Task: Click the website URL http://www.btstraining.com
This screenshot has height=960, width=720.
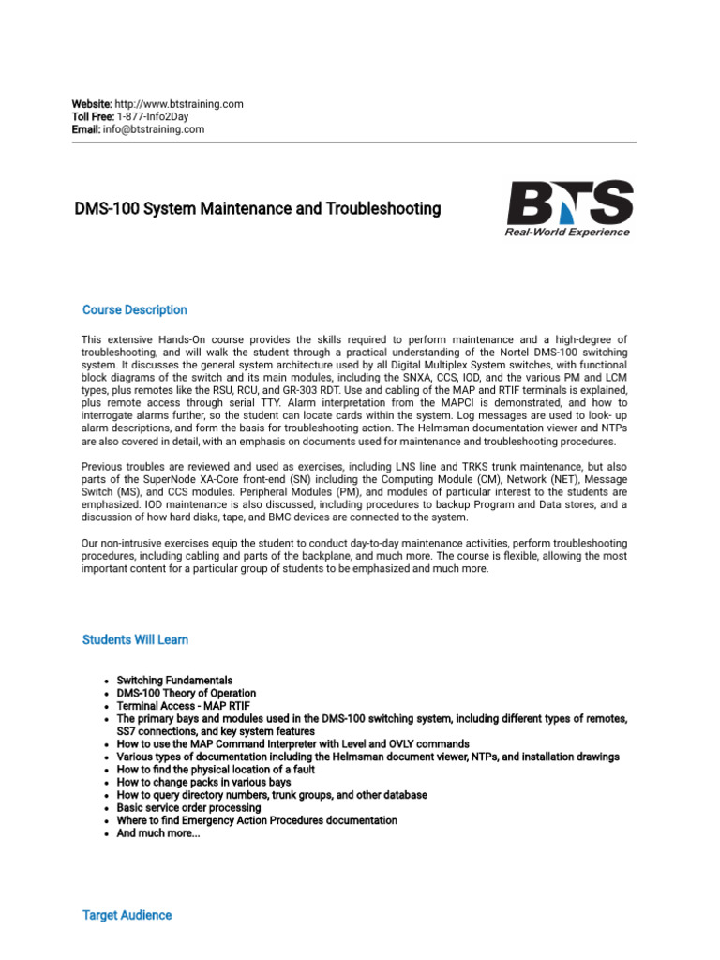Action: [x=178, y=104]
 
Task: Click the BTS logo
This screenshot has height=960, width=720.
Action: [x=569, y=202]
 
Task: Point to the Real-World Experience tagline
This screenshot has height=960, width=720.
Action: [x=568, y=232]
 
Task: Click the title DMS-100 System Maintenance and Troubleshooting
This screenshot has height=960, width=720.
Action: [x=257, y=209]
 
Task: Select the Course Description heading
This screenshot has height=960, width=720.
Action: [x=134, y=310]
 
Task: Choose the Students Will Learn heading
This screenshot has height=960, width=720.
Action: [x=135, y=640]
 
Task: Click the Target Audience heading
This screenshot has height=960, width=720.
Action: [x=127, y=915]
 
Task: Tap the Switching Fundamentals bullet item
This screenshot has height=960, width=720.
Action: [x=174, y=681]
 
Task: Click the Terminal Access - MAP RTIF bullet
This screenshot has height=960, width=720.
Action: [x=183, y=706]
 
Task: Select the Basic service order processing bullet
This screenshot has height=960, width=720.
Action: [x=188, y=807]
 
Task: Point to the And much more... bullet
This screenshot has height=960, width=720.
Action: [x=157, y=832]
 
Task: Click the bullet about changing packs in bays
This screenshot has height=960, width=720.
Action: [x=203, y=782]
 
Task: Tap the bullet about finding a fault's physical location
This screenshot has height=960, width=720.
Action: [x=216, y=770]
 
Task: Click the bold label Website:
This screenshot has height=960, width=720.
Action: [x=92, y=104]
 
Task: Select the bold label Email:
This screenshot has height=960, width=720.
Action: [x=86, y=129]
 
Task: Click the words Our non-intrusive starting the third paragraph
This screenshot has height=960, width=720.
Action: [x=118, y=544]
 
